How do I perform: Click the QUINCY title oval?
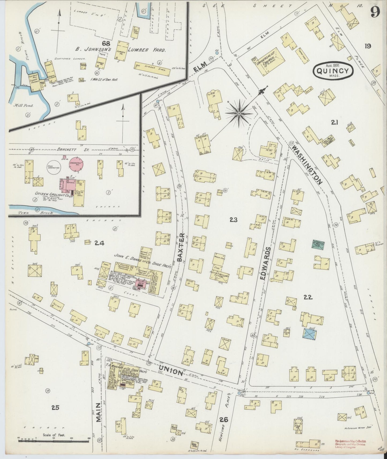click(333, 71)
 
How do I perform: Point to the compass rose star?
click(239, 114)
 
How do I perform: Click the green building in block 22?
click(318, 244)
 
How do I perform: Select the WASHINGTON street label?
click(307, 165)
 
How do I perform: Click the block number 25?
click(55, 408)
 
